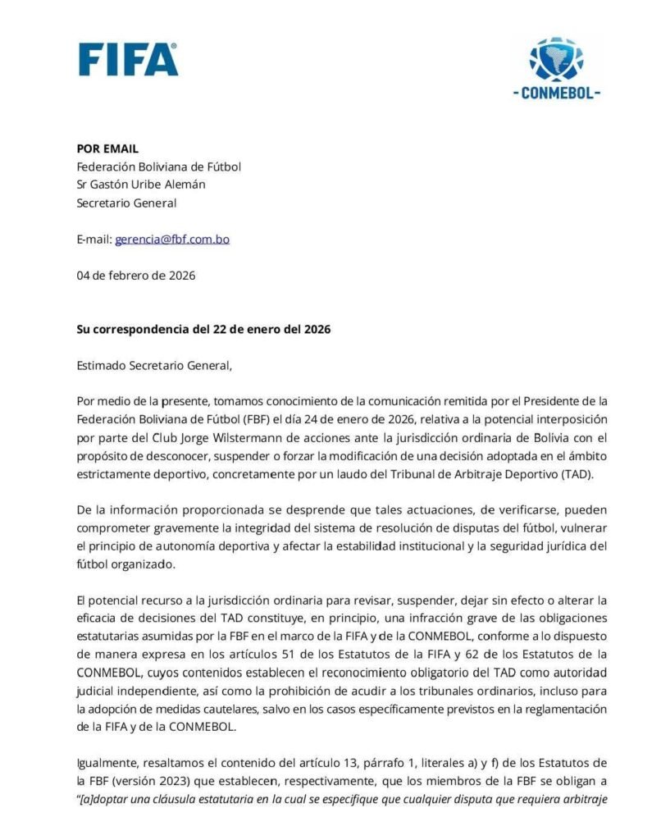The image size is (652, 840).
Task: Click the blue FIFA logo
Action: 129,59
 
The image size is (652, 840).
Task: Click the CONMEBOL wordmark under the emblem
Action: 556,94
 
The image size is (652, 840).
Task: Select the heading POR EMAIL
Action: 107,148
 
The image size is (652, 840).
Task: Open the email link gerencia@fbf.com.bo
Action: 172,240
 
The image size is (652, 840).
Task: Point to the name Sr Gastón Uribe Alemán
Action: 141,185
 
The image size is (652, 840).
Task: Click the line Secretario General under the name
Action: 126,203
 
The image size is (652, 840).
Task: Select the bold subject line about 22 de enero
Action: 203,330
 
